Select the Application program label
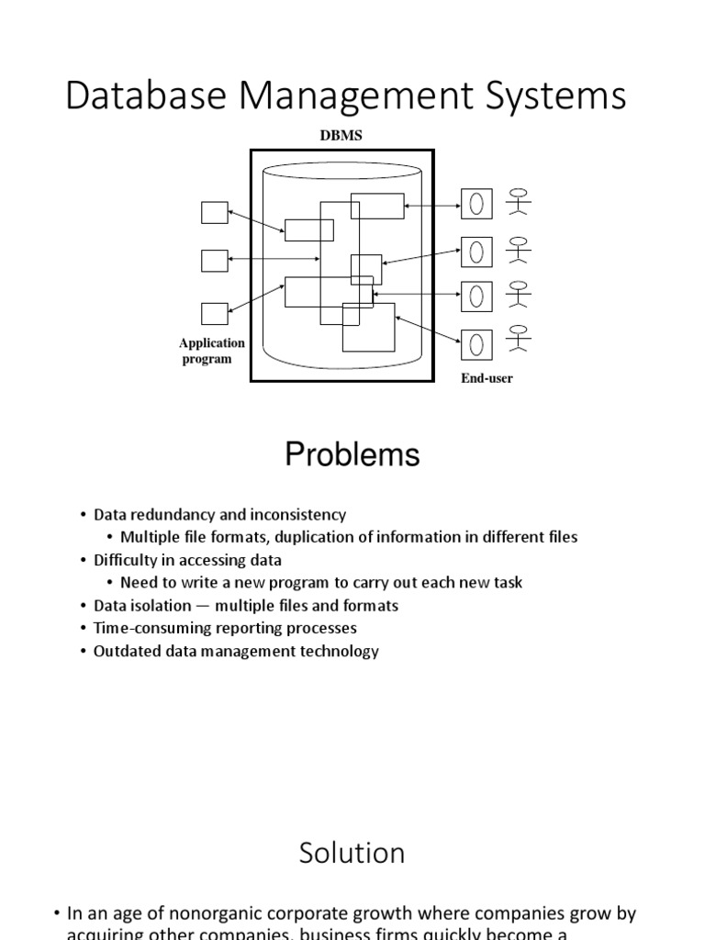coord(212,351)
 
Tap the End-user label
coord(487,378)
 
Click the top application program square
coord(214,212)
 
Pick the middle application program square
coord(214,260)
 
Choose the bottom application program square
coord(214,314)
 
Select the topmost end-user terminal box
coord(476,204)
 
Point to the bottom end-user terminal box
coord(476,343)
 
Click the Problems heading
coord(352,454)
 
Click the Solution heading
coord(352,853)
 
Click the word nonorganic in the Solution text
coord(192,914)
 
